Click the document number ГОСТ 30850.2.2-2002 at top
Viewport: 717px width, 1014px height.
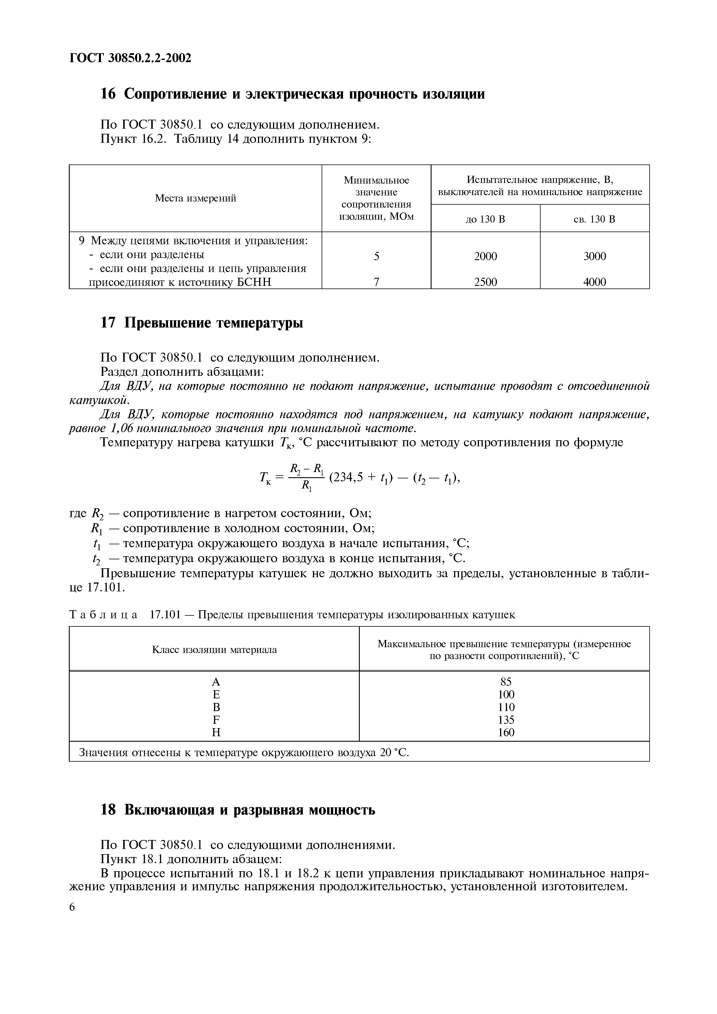130,58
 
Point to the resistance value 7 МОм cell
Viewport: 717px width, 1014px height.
376,282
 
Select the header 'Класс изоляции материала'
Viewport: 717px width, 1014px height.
214,650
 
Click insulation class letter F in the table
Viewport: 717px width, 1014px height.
216,720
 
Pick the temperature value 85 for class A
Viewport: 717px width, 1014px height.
506,682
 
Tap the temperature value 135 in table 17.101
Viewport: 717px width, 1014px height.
506,720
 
